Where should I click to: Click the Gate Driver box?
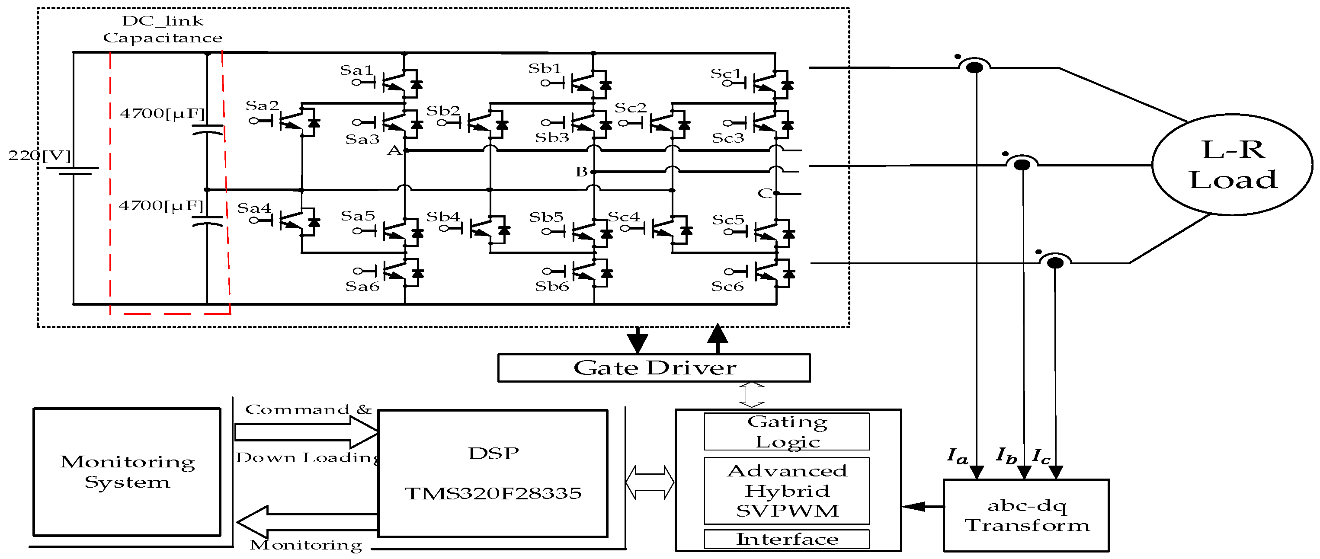pyautogui.click(x=654, y=368)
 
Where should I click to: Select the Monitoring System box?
pyautogui.click(x=127, y=472)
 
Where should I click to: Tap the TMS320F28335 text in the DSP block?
pyautogui.click(x=493, y=493)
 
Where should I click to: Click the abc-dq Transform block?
pyautogui.click(x=1026, y=515)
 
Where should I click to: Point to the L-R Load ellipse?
pyautogui.click(x=1232, y=164)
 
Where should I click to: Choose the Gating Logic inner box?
pyautogui.click(x=787, y=431)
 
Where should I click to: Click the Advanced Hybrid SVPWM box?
pyautogui.click(x=787, y=490)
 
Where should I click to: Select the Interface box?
pyautogui.click(x=787, y=539)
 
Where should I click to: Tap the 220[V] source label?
pyautogui.click(x=39, y=155)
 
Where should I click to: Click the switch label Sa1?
pyautogui.click(x=356, y=70)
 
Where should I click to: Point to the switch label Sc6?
pyautogui.click(x=727, y=286)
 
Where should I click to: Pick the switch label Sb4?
pyautogui.click(x=443, y=217)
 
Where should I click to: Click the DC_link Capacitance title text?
pyautogui.click(x=163, y=29)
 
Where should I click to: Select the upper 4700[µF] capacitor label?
pyautogui.click(x=162, y=113)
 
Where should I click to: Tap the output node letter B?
pyautogui.click(x=581, y=172)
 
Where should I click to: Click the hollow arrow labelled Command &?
pyautogui.click(x=306, y=432)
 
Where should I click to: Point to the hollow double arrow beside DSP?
pyautogui.click(x=650, y=482)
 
